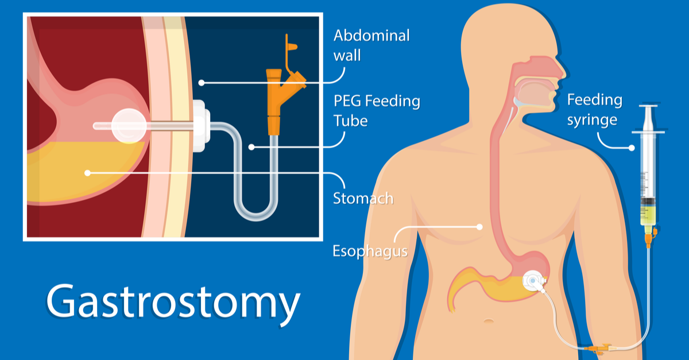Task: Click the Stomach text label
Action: [x=363, y=199]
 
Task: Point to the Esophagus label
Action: [x=370, y=251]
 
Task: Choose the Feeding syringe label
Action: [x=594, y=110]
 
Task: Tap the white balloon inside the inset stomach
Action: [x=129, y=125]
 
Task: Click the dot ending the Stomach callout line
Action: [x=88, y=172]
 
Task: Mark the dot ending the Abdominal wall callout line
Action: [x=202, y=83]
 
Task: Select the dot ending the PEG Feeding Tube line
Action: [x=251, y=147]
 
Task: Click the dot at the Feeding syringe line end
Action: [x=632, y=148]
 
